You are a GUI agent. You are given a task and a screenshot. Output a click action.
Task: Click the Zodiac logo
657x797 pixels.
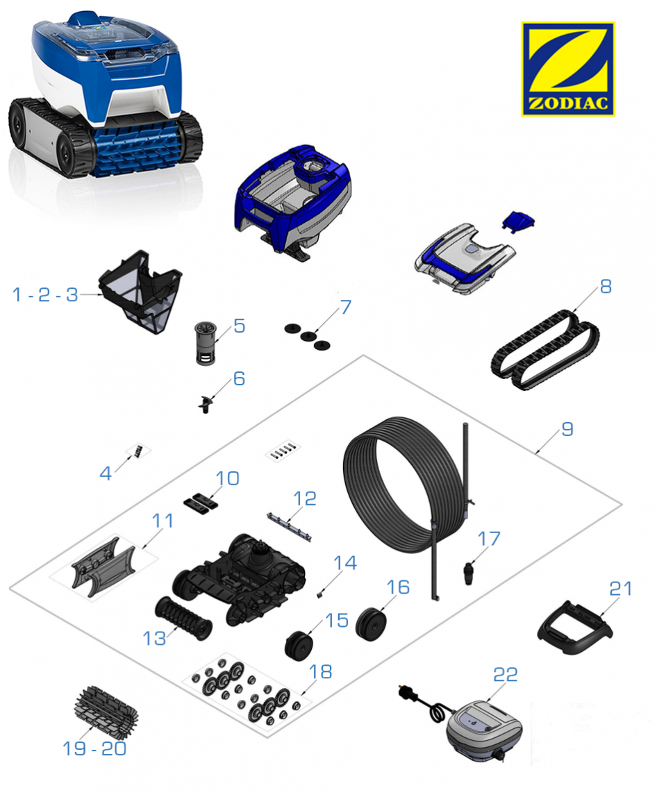coord(567,69)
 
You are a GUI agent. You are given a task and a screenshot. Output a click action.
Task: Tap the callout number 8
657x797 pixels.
coord(605,286)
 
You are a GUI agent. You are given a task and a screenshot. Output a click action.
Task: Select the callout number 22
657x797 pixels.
coord(505,675)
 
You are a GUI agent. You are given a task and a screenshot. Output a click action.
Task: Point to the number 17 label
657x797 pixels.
coord(489,539)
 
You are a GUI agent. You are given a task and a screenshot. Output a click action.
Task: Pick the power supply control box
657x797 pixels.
coord(483,730)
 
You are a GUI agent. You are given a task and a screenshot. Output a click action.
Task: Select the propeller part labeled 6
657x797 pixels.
coord(206,403)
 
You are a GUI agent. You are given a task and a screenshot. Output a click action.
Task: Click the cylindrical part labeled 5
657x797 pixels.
coord(206,342)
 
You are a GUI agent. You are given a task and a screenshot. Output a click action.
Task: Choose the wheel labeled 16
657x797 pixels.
coord(371,623)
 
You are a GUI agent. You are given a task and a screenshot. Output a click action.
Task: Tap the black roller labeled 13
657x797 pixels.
coord(183,618)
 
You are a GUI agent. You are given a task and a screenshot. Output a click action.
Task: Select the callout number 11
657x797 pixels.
coord(163,521)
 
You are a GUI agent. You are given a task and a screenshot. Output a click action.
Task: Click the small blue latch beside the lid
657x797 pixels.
coord(519,221)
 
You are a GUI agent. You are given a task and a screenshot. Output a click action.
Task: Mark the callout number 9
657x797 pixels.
coord(567,430)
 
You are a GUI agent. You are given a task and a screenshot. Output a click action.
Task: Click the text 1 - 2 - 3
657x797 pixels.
coord(44,294)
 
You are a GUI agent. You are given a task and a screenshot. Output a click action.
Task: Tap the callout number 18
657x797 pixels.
coord(320,672)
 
